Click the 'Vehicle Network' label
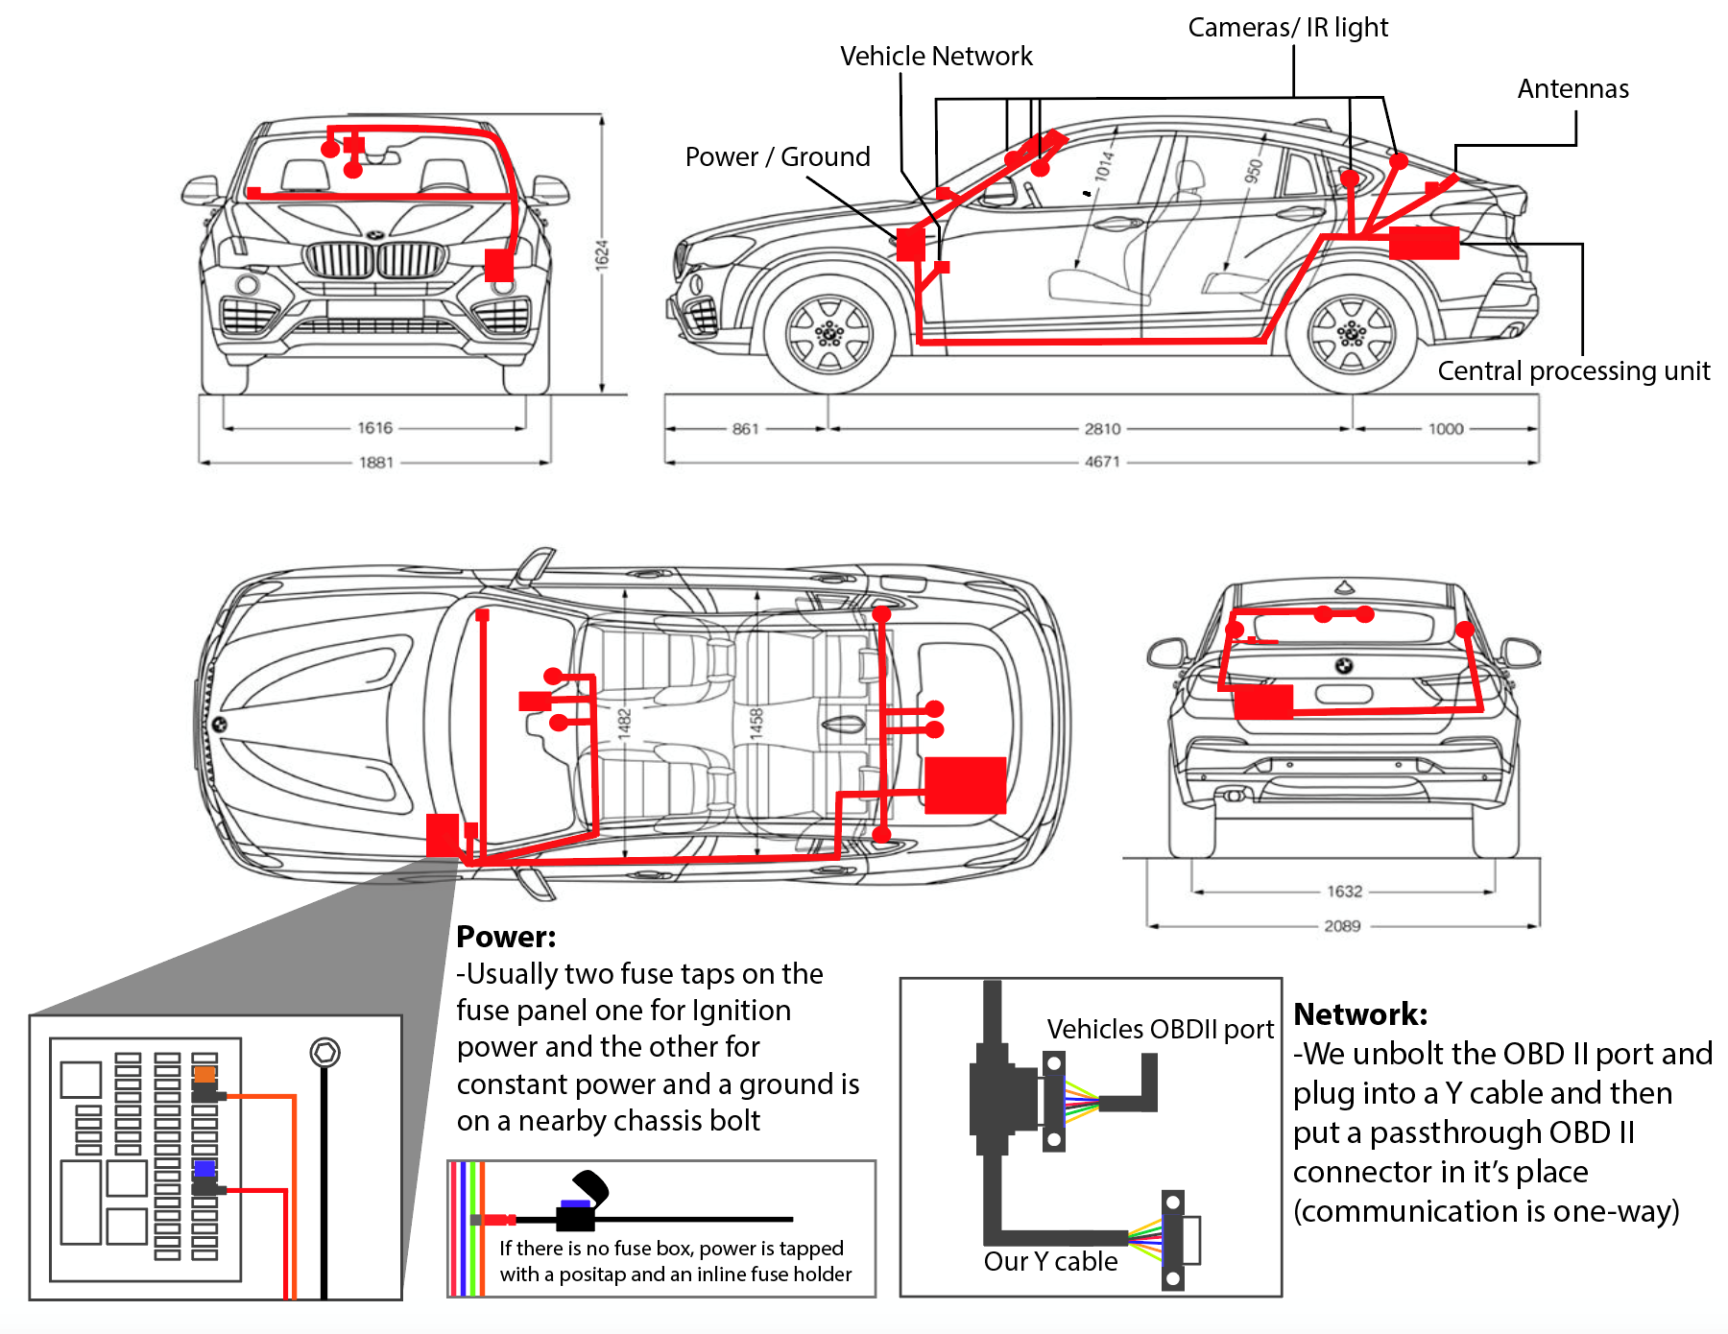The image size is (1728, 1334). (x=936, y=57)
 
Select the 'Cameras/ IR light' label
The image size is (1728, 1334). (x=1287, y=28)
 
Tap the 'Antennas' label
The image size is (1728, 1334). (x=1572, y=89)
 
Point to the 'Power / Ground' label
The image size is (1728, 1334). (x=778, y=156)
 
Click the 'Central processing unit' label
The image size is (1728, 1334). (x=1573, y=371)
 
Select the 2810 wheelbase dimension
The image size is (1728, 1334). (x=1102, y=429)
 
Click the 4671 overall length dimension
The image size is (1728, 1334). (x=1102, y=462)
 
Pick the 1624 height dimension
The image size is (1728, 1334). (x=602, y=254)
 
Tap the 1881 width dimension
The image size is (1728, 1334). (x=376, y=463)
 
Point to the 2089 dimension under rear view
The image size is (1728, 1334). (x=1342, y=926)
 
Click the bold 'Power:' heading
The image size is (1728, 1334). (x=506, y=937)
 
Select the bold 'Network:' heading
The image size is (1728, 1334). (x=1360, y=1014)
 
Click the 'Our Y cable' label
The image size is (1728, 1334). (x=1050, y=1261)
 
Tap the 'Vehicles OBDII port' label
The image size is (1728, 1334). (x=1160, y=1029)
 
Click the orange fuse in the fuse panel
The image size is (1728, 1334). (x=204, y=1074)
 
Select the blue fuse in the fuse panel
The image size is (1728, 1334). (x=204, y=1169)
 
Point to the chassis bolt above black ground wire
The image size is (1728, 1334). (x=324, y=1053)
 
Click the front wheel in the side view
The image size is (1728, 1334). (x=828, y=334)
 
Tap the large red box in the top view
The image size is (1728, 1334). (x=965, y=785)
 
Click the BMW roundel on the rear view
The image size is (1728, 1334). (x=1344, y=666)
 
